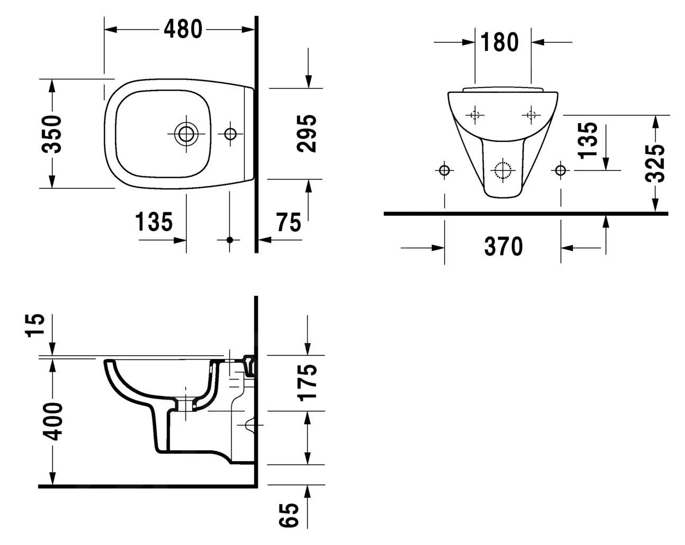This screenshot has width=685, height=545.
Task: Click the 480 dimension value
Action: pos(183,30)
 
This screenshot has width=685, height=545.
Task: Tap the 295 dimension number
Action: pos(307,134)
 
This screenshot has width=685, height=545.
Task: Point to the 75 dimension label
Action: pos(289,223)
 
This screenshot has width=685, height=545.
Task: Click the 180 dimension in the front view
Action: pos(500,42)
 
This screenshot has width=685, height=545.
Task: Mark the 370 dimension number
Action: pos(503,247)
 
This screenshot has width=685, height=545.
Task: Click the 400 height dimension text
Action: pos(52,421)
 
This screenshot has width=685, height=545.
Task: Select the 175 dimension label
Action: pos(307,382)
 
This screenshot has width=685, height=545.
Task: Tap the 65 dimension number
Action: pos(290,515)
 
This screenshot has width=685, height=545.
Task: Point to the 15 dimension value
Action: pos(37,326)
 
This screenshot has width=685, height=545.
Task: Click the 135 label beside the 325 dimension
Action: pos(588,140)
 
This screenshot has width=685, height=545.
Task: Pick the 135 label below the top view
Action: pos(154,222)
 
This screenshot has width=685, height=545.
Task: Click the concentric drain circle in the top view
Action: pos(186,134)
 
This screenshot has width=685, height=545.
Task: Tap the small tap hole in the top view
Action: pos(230,134)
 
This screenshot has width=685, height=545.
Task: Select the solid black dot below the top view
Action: pos(230,240)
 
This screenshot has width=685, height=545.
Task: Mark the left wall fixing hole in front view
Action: pos(444,170)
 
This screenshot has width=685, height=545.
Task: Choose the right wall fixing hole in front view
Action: pos(561,170)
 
